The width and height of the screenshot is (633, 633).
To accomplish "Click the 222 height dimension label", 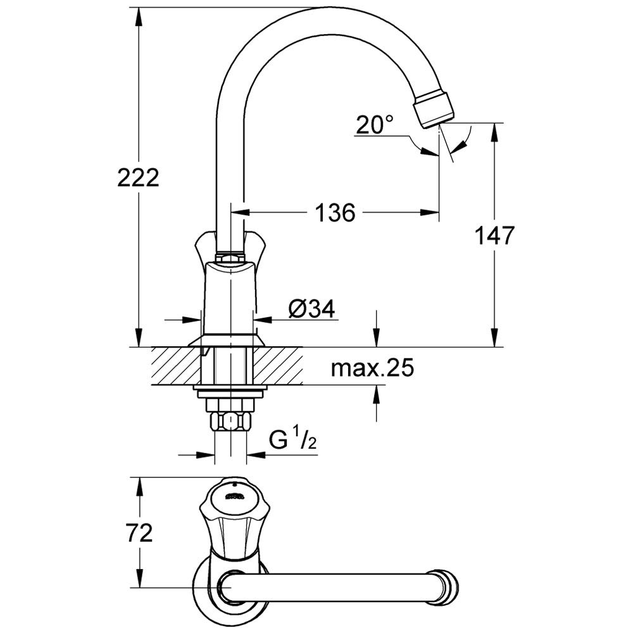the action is click(x=138, y=178).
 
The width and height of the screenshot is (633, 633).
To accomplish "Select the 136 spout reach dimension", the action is click(x=335, y=212).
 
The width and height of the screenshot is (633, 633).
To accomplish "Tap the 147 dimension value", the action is click(x=494, y=235).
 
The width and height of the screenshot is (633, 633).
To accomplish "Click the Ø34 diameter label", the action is click(x=312, y=310).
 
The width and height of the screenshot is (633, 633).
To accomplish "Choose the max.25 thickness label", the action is click(x=372, y=368).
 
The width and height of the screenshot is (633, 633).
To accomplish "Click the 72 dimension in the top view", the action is click(x=139, y=534).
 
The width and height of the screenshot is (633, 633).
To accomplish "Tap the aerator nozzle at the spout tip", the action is click(x=434, y=109).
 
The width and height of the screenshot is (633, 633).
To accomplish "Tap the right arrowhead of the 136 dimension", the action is click(x=430, y=212).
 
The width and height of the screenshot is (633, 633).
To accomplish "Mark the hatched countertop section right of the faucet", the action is click(x=278, y=366).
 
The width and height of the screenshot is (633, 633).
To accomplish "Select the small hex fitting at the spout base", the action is click(x=230, y=257).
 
